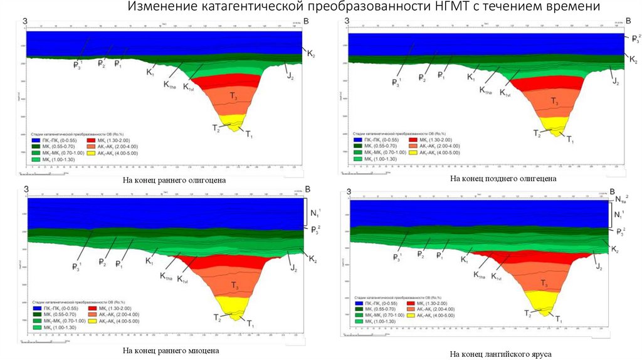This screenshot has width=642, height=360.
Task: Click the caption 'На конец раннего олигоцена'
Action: (x=174, y=181)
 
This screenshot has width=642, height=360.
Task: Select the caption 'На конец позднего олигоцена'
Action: (x=503, y=179)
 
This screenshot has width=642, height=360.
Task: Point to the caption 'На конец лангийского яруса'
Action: (x=500, y=354)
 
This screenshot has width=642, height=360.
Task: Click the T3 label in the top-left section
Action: (x=233, y=97)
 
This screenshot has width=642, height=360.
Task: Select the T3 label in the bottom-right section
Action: (x=545, y=283)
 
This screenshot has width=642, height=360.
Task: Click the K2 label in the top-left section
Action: (x=311, y=55)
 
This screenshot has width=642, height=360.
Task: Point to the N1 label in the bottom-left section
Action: (x=315, y=213)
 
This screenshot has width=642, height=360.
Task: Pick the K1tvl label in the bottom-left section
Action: (x=183, y=279)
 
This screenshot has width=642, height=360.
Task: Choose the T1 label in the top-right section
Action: (x=570, y=139)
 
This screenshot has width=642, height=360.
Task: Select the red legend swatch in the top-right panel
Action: (x=415, y=139)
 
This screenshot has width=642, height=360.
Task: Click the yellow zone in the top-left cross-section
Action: (x=233, y=120)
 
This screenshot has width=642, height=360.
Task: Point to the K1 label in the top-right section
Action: (x=471, y=77)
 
